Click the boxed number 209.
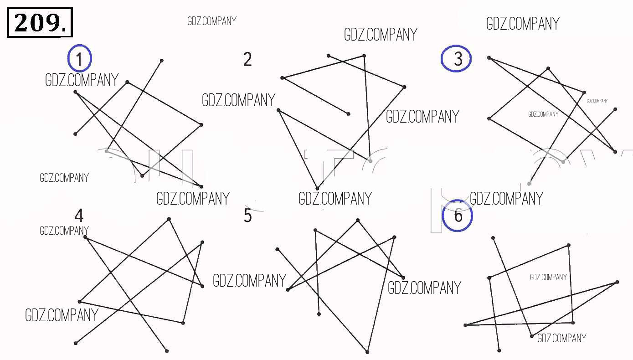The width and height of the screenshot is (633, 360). [40, 22]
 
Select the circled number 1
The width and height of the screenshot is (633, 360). [80, 59]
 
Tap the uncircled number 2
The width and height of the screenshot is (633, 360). [247, 60]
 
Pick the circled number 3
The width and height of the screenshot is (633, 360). [457, 59]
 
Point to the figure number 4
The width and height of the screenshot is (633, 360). [79, 215]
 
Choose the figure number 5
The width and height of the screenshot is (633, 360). [247, 216]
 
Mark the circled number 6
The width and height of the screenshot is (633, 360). [458, 216]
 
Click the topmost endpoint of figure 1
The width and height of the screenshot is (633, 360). [161, 60]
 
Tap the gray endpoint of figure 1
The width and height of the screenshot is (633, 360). [107, 151]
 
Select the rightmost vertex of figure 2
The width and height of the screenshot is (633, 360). [404, 87]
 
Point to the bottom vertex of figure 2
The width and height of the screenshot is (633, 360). [317, 188]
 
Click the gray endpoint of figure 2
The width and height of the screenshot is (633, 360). [371, 161]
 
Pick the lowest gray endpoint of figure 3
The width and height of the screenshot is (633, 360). [529, 183]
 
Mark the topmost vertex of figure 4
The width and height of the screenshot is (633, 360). [169, 219]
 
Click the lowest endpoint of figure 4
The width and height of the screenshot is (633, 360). [167, 350]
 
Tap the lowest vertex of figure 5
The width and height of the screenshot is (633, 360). [367, 352]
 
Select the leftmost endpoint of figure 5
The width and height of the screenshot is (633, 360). [277, 249]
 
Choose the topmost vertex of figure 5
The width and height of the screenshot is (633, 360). [358, 221]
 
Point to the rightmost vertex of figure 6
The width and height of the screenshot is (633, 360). [618, 282]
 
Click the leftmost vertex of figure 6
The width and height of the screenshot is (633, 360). [465, 325]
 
